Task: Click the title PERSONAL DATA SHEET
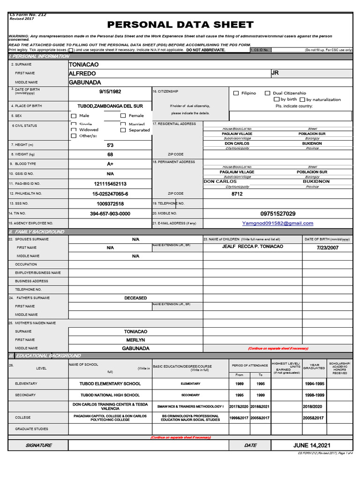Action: click(x=180, y=25)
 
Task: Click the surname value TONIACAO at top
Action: click(x=83, y=64)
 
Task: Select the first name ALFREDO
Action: click(x=82, y=74)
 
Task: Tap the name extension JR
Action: click(x=275, y=73)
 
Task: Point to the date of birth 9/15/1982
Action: click(x=110, y=92)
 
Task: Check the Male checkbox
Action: click(x=74, y=116)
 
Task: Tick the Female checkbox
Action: click(x=123, y=116)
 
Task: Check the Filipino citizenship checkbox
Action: click(x=236, y=93)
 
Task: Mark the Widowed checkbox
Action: click(x=74, y=130)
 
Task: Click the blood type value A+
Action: click(x=110, y=164)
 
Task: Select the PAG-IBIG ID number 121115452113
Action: click(x=110, y=184)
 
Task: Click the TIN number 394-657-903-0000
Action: click(x=110, y=214)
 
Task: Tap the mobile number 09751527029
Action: click(x=278, y=214)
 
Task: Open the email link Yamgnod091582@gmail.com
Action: click(x=277, y=224)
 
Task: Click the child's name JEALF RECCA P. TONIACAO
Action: click(x=253, y=247)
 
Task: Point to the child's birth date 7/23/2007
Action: click(x=327, y=247)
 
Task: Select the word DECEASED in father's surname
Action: click(x=135, y=298)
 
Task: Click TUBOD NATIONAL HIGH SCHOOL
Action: click(x=110, y=395)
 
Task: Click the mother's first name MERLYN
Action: click(x=135, y=340)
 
